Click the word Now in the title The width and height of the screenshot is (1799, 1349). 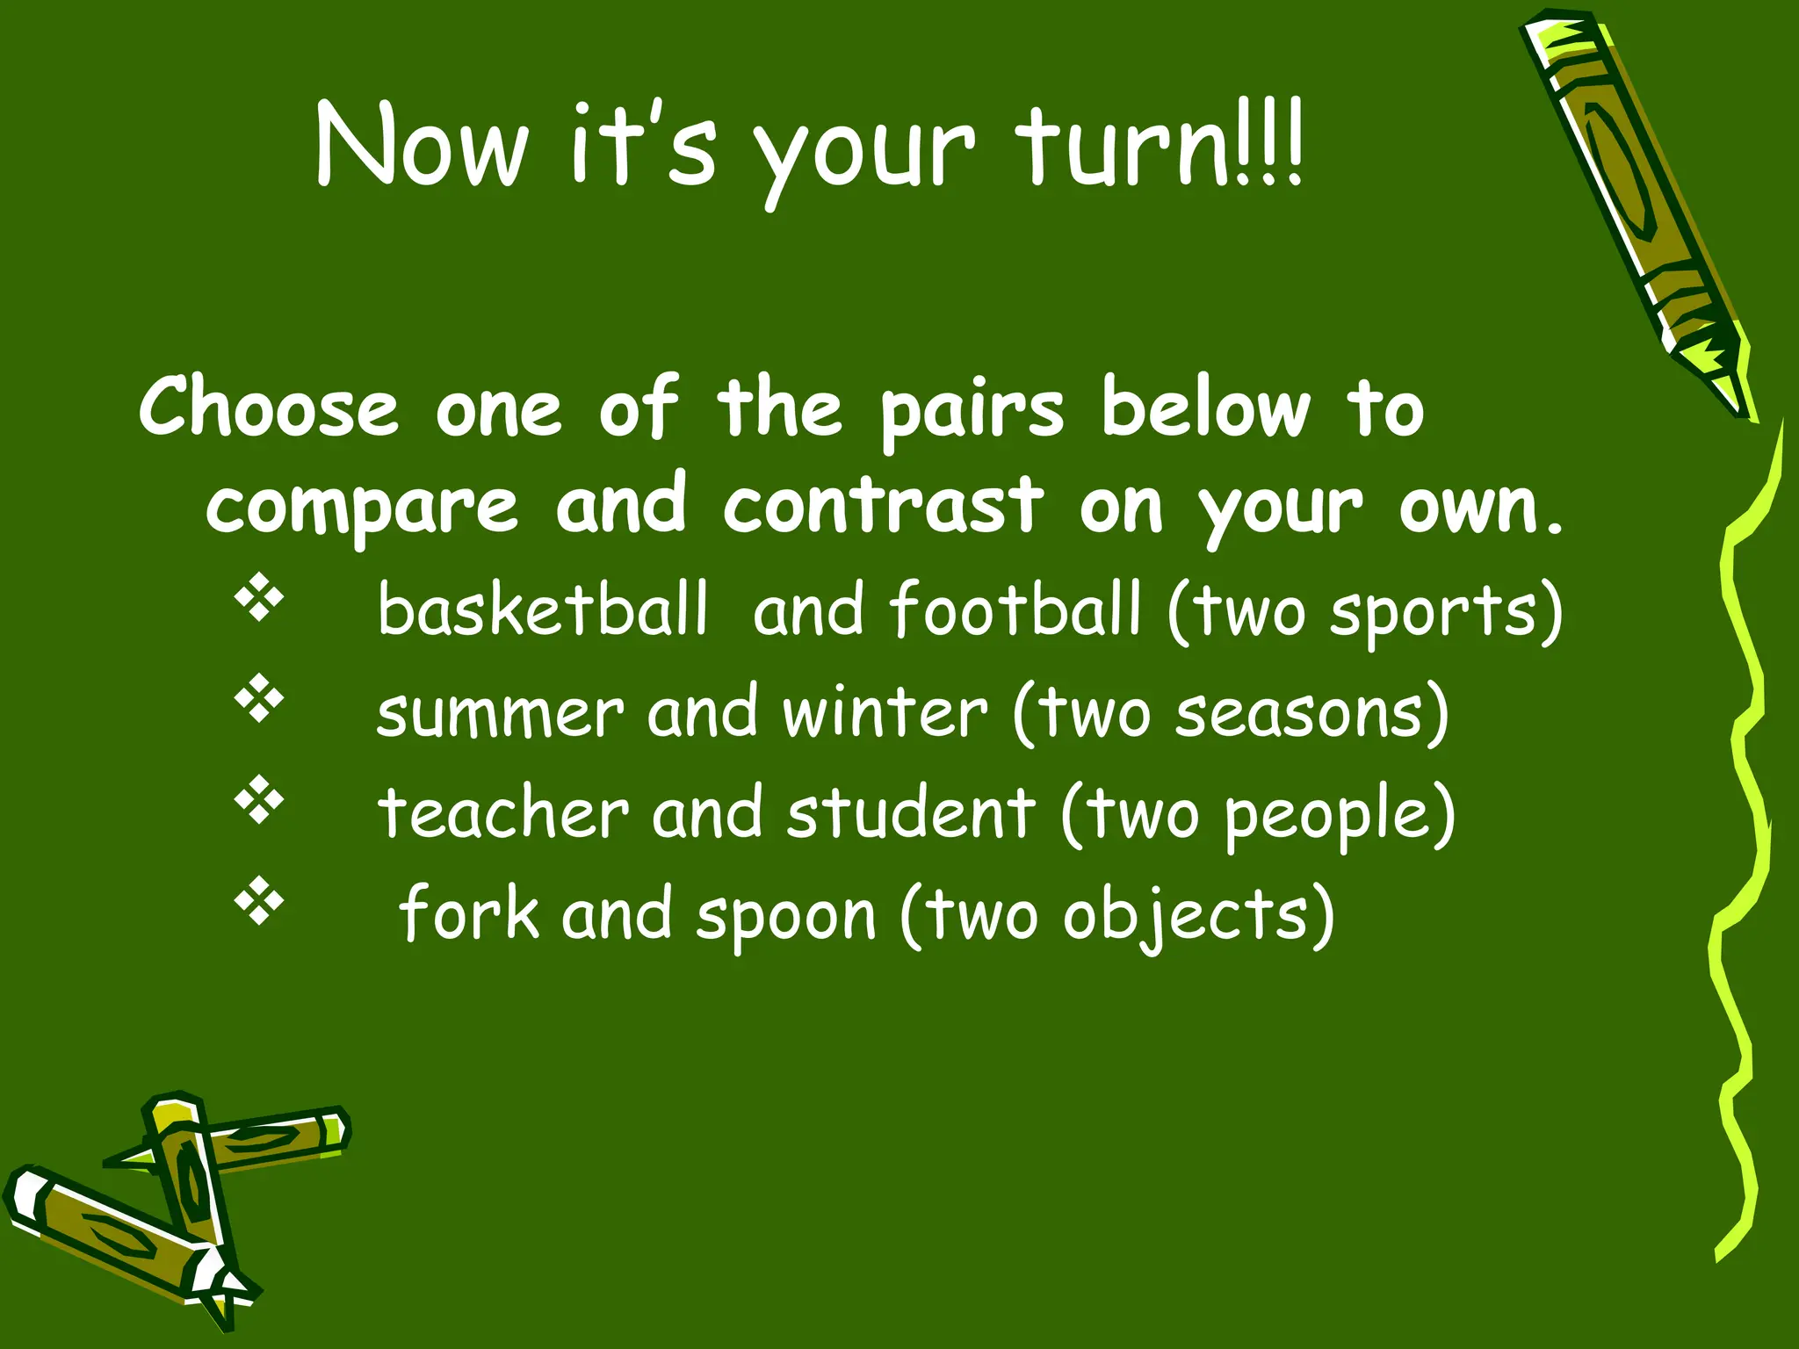(422, 145)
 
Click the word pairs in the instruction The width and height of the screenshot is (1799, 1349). (972, 411)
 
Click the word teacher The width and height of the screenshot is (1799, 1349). (503, 813)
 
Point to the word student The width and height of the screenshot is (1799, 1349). (911, 813)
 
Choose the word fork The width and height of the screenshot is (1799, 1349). (470, 914)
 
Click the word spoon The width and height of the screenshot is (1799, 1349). (786, 916)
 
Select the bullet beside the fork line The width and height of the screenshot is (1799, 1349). (259, 900)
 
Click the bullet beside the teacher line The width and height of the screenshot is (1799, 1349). (259, 799)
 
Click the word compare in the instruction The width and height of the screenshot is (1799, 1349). (362, 508)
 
